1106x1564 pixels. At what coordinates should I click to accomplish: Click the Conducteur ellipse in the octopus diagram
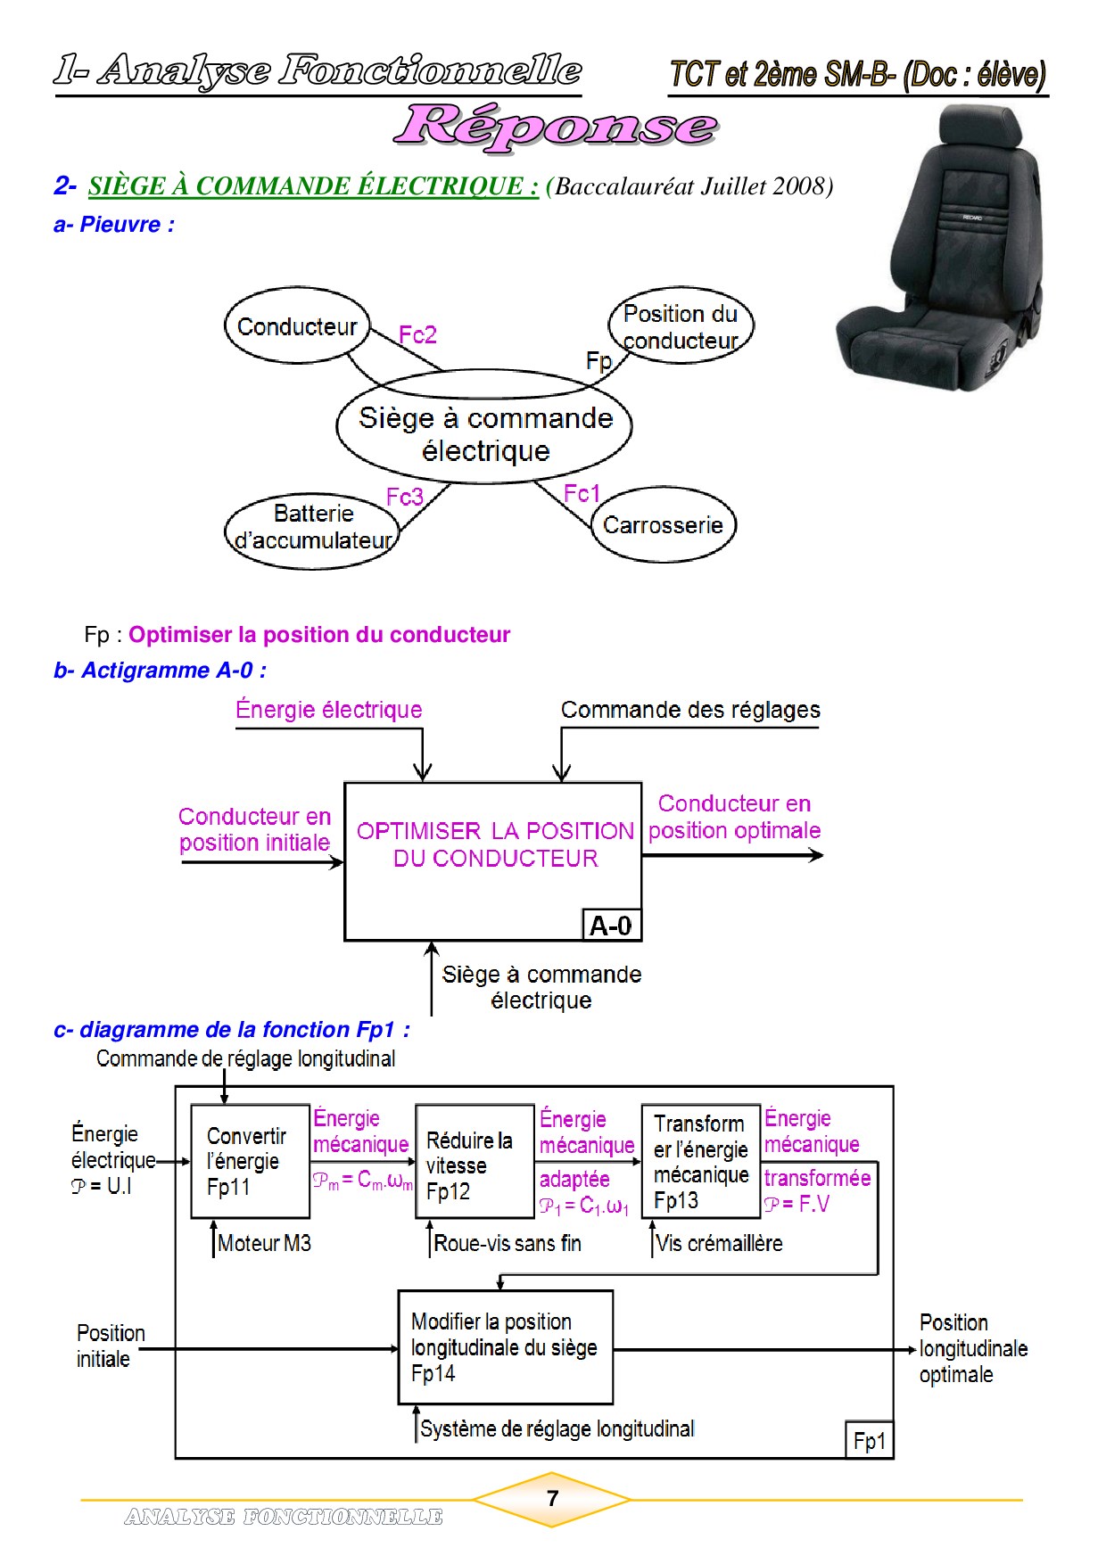click(297, 325)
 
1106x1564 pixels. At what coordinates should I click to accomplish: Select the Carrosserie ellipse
click(664, 524)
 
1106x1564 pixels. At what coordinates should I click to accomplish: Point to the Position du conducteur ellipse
click(681, 325)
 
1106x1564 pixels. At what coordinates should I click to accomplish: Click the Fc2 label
click(417, 335)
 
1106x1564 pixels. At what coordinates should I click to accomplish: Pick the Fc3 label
click(404, 497)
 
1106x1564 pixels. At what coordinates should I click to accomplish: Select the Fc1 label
click(582, 494)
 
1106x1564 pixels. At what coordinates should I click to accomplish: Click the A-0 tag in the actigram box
click(611, 926)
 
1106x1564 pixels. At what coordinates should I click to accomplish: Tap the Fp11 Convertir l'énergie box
click(250, 1162)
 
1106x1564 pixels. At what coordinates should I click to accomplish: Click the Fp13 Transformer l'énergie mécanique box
click(700, 1162)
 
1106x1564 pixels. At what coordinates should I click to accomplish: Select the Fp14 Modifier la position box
click(505, 1347)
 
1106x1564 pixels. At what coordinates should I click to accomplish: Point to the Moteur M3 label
click(264, 1243)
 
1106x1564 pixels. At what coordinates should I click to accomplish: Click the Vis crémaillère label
click(719, 1243)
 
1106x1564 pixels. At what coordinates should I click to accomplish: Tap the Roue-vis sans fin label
click(507, 1243)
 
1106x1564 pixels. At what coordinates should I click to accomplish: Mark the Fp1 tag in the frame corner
click(869, 1441)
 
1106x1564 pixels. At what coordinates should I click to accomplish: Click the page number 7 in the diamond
click(552, 1499)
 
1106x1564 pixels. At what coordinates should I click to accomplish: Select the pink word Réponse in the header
click(556, 126)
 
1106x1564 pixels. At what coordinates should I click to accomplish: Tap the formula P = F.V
click(797, 1205)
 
